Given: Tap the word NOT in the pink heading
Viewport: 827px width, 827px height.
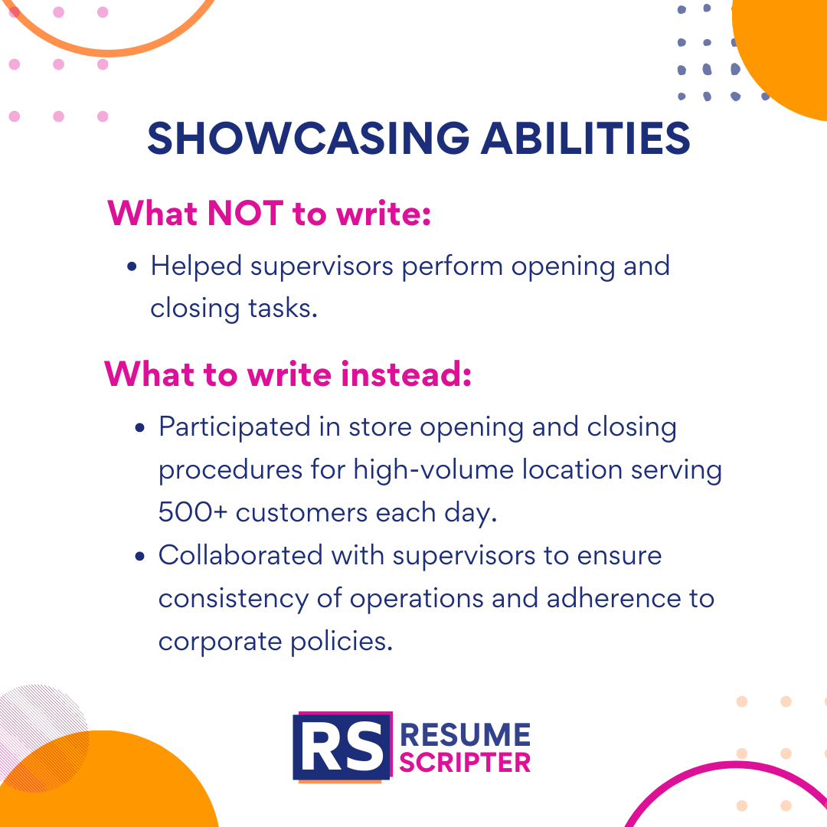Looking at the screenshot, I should click(x=245, y=214).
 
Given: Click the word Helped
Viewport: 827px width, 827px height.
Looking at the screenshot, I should click(x=195, y=266).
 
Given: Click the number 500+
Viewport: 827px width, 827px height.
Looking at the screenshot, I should click(x=192, y=512).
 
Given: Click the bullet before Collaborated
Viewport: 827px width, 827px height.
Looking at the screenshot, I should click(x=139, y=555).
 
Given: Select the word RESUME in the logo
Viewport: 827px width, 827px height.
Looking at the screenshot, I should click(x=466, y=735).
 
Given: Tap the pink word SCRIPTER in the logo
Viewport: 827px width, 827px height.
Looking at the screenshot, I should click(x=466, y=763).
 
